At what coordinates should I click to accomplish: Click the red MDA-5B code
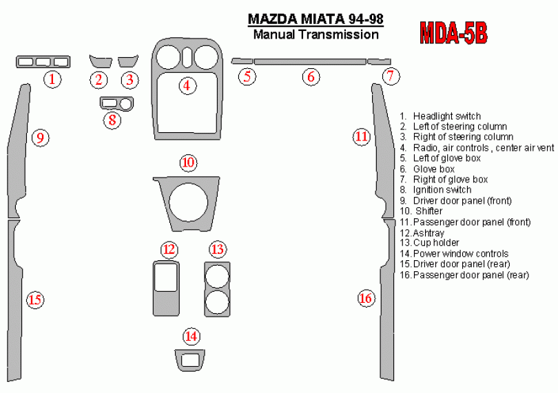coord(453,33)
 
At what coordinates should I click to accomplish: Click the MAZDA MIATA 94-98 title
coord(316,19)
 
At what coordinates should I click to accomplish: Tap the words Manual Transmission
coord(316,34)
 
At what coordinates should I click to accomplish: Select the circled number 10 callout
coord(188,162)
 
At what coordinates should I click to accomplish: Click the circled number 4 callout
coord(187,85)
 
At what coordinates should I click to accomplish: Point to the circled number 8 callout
coord(112,120)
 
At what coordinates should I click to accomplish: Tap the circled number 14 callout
coord(191,336)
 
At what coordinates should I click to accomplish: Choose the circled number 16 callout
coord(366,298)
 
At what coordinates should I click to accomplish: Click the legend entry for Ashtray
coord(422,233)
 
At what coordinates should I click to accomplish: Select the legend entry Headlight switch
coord(440,116)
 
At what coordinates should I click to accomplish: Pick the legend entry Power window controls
coord(454,253)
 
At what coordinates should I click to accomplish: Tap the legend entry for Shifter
coord(421,211)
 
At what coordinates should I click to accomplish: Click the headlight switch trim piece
coord(43,62)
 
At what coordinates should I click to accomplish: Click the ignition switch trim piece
coord(116,103)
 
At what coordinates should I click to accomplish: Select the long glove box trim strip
coord(310,62)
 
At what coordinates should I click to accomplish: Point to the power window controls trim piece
coord(190,360)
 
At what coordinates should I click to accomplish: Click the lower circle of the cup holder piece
coord(217,302)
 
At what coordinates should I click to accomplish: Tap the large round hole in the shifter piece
coord(189,203)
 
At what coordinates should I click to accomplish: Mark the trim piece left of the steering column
coord(101,61)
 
